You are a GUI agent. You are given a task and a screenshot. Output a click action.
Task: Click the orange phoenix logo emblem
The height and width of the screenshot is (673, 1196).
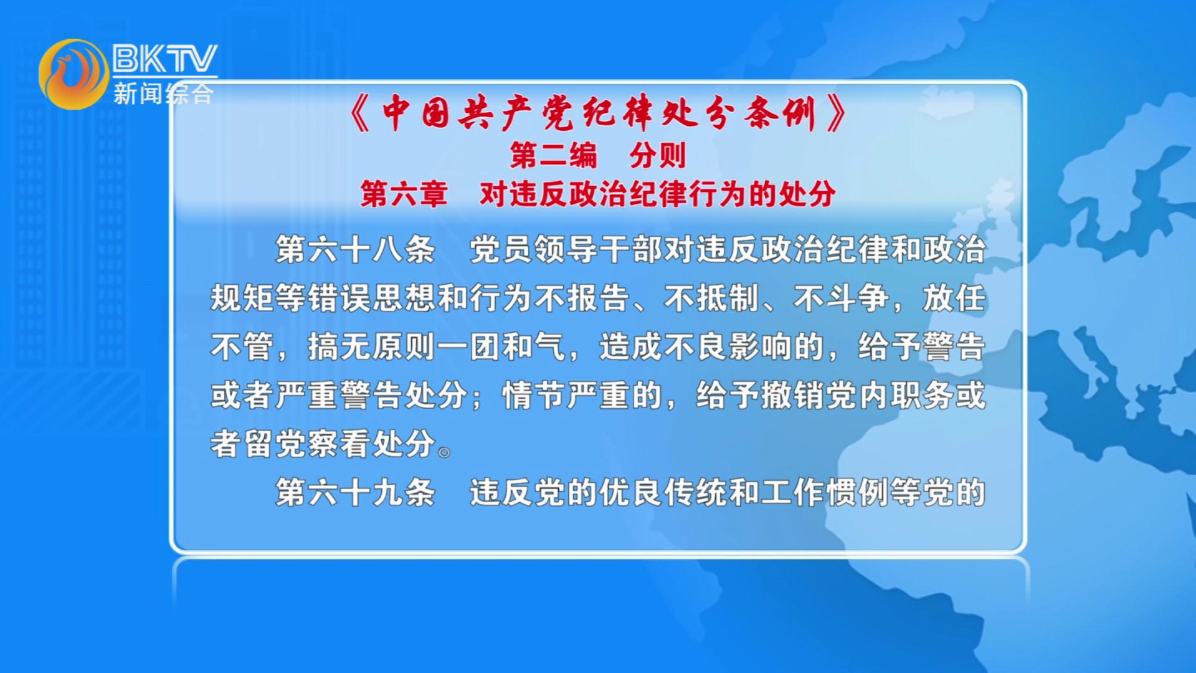(74, 74)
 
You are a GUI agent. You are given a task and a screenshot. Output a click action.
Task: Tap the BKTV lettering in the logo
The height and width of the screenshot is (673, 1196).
(164, 59)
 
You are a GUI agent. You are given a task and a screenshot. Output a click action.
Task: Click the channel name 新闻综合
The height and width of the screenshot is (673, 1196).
(163, 93)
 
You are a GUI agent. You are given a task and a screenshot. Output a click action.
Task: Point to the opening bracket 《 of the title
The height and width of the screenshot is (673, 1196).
(361, 113)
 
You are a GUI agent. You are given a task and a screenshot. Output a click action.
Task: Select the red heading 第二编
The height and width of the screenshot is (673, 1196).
(554, 155)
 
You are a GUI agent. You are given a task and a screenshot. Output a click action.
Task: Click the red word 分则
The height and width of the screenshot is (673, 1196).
(658, 155)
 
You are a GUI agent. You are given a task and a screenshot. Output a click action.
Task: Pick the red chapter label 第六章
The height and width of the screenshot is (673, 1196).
(404, 194)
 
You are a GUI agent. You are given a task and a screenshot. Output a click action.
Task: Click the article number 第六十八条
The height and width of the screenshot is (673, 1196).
(355, 249)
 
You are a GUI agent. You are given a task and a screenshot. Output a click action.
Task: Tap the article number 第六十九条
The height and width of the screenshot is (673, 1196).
(355, 492)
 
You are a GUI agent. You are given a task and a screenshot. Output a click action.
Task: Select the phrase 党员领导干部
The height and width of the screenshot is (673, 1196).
(566, 249)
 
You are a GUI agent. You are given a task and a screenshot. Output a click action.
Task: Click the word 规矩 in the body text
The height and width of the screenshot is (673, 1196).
(242, 298)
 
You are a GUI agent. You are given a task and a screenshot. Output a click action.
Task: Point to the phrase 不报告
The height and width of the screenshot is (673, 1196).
(582, 298)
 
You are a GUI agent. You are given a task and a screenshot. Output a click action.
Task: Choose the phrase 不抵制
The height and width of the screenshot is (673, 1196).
(712, 298)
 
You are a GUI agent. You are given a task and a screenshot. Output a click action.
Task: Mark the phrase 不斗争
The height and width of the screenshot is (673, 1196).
(842, 298)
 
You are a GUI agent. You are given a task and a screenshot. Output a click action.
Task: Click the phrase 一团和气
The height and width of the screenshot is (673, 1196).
(501, 346)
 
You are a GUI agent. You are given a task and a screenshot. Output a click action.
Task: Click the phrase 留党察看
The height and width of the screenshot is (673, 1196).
(307, 444)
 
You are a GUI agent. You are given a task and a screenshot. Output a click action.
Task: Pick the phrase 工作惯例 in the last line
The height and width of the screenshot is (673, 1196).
(825, 492)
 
